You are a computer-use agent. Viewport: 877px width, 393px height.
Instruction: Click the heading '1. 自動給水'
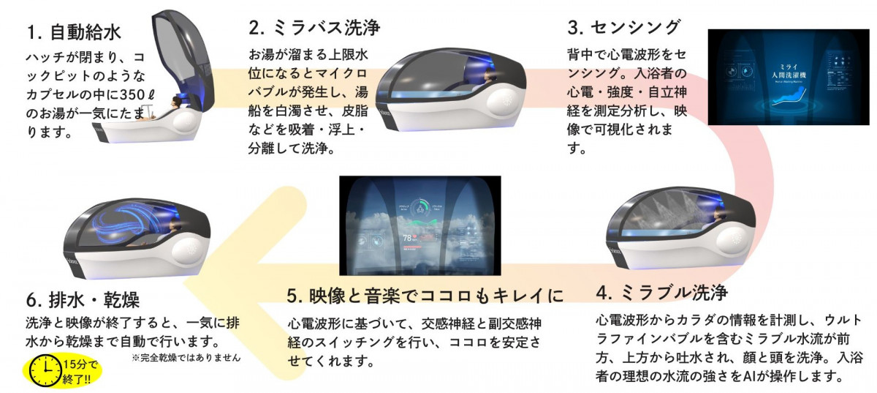(x=74, y=32)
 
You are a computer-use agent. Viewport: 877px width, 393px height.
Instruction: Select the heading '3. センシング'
(x=624, y=28)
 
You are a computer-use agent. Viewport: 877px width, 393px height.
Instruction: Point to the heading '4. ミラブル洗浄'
(x=661, y=293)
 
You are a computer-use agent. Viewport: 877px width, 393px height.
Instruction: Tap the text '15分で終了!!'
(x=75, y=371)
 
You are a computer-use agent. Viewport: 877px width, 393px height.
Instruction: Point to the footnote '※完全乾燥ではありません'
(x=186, y=359)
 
